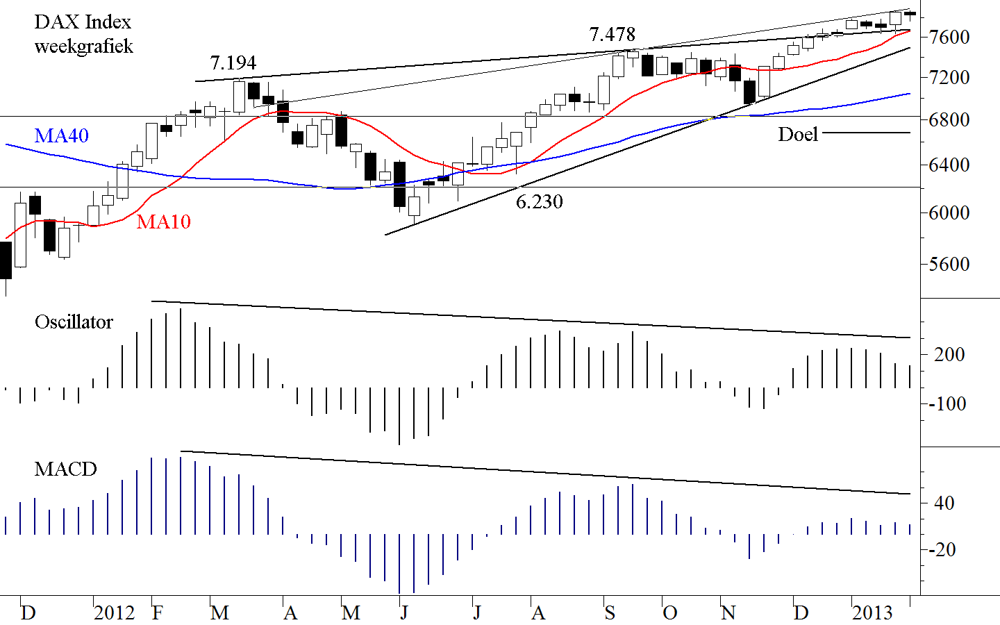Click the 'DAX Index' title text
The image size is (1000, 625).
83,22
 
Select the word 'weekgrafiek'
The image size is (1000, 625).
83,47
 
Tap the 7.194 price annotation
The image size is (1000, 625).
233,63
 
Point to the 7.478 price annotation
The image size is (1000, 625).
612,34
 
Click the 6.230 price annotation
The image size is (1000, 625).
539,202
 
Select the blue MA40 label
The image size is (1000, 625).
62,135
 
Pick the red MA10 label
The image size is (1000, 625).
163,222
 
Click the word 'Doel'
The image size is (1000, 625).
798,134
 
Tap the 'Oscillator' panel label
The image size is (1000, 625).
74,322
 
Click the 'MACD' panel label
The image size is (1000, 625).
65,469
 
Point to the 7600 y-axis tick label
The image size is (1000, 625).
949,37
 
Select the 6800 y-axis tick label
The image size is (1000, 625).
949,120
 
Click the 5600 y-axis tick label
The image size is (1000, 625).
949,265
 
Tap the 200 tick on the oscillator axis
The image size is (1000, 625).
949,355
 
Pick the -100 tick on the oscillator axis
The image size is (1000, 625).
947,404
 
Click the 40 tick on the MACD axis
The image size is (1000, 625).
944,503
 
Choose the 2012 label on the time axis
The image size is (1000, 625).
115,612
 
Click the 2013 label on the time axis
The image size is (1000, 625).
872,612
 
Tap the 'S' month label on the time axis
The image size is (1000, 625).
610,612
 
